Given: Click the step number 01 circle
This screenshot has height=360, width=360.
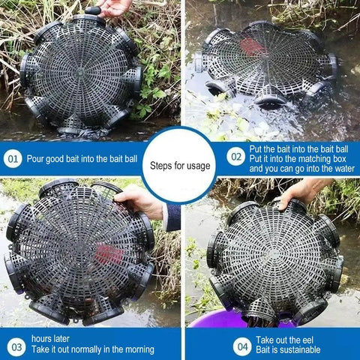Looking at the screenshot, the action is [13, 158].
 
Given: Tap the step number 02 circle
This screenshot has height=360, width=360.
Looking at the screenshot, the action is [235, 157].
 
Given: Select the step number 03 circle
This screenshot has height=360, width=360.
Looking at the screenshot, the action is [16, 346].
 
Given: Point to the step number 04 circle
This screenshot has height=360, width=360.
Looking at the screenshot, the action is [242, 346].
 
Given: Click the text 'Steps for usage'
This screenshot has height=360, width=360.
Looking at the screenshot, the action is [180, 166].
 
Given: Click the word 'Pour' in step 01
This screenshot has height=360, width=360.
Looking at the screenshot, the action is [35, 159].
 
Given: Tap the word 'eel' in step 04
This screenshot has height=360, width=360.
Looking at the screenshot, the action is [307, 340].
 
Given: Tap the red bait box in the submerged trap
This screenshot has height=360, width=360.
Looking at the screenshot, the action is [252, 46].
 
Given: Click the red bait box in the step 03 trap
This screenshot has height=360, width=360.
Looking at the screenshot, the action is [109, 255].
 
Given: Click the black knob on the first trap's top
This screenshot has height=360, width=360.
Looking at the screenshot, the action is [93, 10].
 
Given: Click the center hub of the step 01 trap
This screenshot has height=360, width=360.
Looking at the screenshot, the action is [80, 73].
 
